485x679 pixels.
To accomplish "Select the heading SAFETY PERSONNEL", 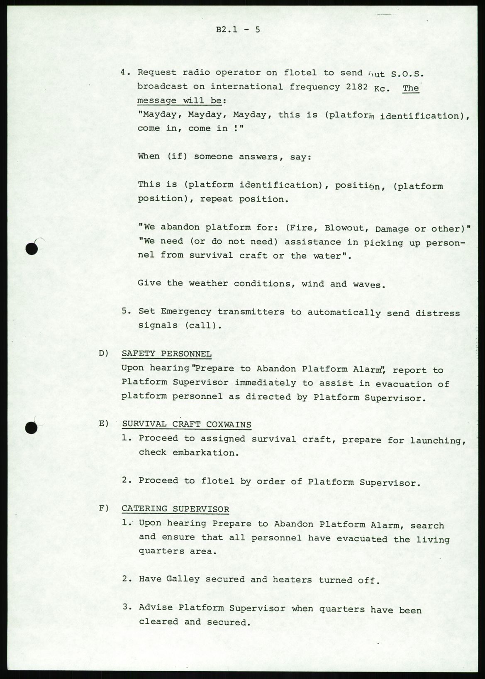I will (x=166, y=354).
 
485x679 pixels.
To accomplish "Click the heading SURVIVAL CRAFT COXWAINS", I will (x=186, y=424).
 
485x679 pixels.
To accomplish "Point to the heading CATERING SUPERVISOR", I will (x=175, y=509).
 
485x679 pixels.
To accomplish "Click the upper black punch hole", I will (x=32, y=249).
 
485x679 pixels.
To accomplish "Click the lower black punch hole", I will (x=32, y=427).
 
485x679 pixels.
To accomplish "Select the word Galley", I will (x=183, y=579).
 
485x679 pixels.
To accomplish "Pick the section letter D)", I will (x=103, y=354).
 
